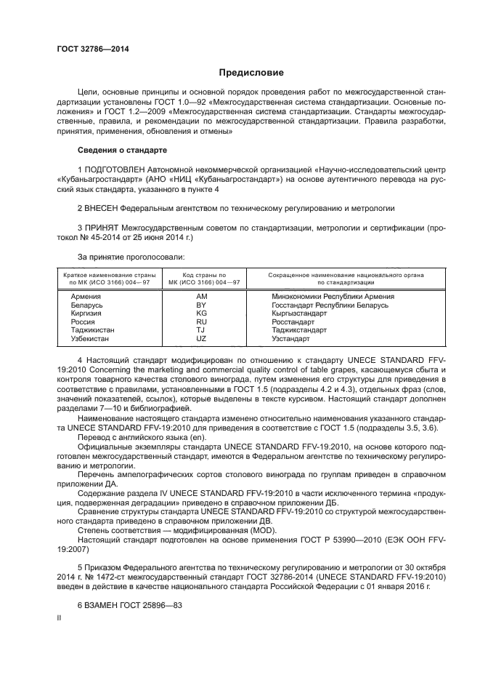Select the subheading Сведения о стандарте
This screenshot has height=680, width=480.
pyautogui.click(x=122, y=150)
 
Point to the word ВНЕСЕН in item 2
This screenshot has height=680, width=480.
pyautogui.click(x=105, y=207)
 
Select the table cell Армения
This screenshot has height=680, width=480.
pyautogui.click(x=86, y=297)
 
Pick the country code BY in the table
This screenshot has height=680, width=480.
pyautogui.click(x=202, y=305)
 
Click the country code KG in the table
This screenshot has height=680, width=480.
pyautogui.click(x=202, y=313)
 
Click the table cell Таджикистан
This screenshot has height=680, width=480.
pyautogui.click(x=92, y=330)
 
